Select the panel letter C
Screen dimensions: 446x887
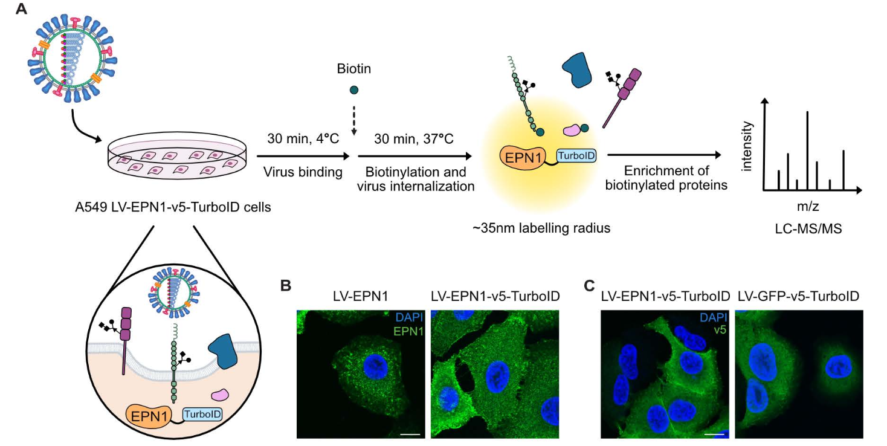[x=593, y=285]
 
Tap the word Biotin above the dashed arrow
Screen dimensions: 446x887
[x=353, y=69]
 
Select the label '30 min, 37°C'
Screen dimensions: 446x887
[x=414, y=139]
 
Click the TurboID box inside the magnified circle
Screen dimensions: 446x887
[x=202, y=414]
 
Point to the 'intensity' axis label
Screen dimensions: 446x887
[x=747, y=145]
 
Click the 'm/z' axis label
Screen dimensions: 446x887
[x=808, y=206]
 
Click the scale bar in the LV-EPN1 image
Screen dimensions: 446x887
[x=410, y=433]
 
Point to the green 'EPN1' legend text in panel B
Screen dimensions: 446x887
[x=408, y=331]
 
